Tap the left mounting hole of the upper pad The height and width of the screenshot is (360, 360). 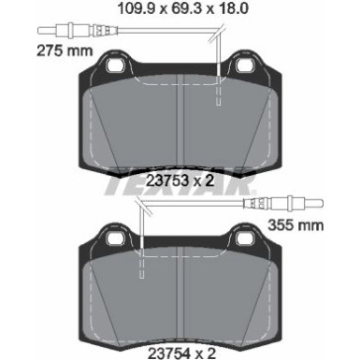(x=116, y=66)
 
